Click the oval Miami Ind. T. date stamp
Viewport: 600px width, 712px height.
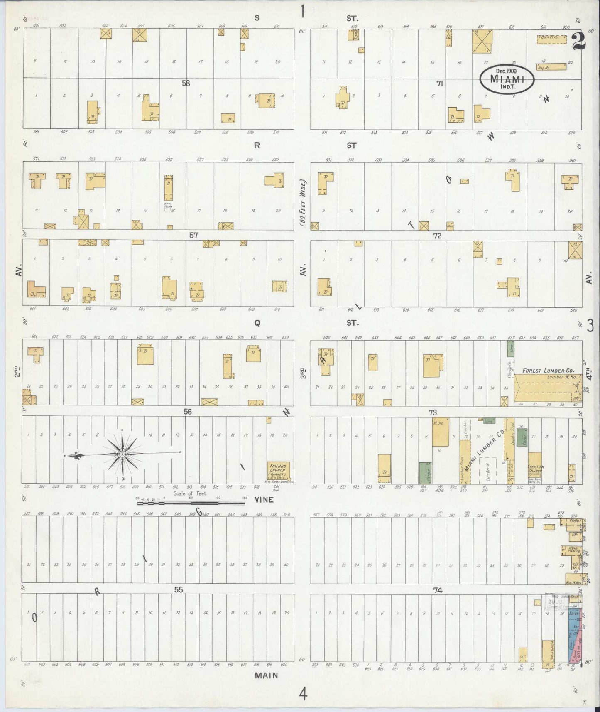tap(506, 79)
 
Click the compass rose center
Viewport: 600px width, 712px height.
tap(123, 454)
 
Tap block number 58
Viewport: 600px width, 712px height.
tap(186, 83)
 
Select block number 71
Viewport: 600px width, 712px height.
tap(439, 83)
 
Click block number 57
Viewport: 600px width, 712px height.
tap(193, 235)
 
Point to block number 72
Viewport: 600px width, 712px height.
tap(437, 236)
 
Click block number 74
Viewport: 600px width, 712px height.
tap(438, 590)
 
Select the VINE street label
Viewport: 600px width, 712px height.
tap(264, 500)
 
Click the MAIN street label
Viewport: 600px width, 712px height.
tap(266, 675)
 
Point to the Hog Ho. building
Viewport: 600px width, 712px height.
tap(551, 67)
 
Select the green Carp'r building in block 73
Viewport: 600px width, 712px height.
tap(425, 473)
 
